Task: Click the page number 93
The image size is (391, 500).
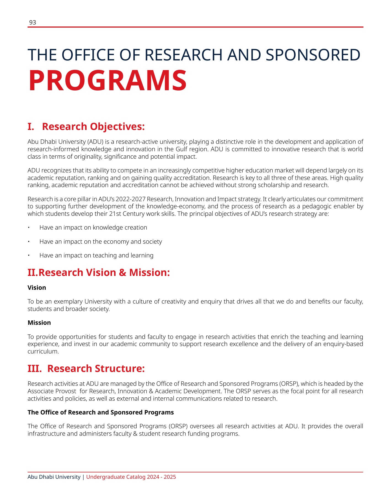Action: [x=33, y=23]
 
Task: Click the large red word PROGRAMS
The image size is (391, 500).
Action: [x=108, y=81]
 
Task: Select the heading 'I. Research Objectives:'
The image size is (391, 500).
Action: [x=86, y=126]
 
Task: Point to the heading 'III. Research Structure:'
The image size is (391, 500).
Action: [x=86, y=369]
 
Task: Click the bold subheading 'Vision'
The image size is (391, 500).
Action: [x=37, y=288]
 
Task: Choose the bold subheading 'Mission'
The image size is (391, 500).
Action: [x=39, y=323]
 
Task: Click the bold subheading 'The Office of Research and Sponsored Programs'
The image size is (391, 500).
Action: [x=101, y=412]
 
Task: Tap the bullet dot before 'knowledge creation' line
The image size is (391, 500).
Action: [x=29, y=228]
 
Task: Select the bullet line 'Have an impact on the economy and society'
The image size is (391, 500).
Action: [x=101, y=241]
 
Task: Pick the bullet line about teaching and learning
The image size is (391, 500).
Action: [x=96, y=255]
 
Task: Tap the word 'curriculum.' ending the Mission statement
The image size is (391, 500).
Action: [x=43, y=352]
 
